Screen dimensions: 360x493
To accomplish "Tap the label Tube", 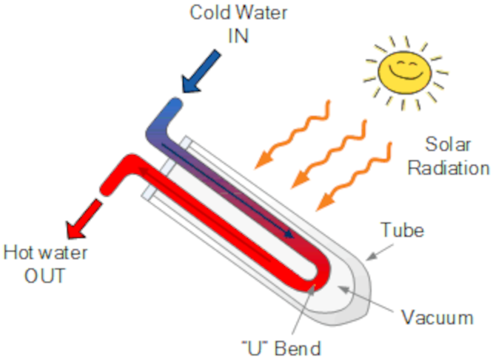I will [x=405, y=230].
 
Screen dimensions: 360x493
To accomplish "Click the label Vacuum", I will [x=437, y=319].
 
